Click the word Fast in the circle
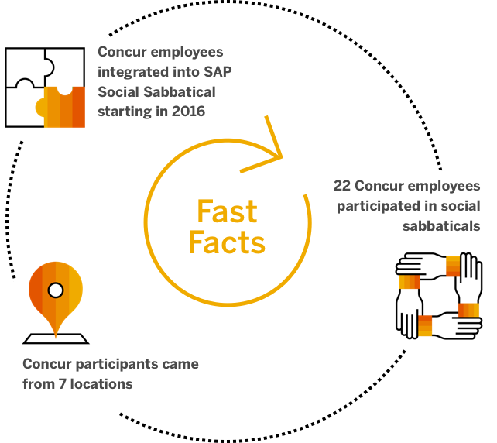[x=227, y=211]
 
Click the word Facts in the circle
[x=227, y=242]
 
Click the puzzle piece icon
[x=47, y=87]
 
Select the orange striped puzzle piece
[x=64, y=108]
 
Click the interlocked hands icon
[x=437, y=295]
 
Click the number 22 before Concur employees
[x=342, y=187]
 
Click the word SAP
[x=218, y=72]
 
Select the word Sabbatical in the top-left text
[x=178, y=92]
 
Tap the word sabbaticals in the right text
[x=441, y=226]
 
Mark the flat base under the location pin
[x=56, y=338]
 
